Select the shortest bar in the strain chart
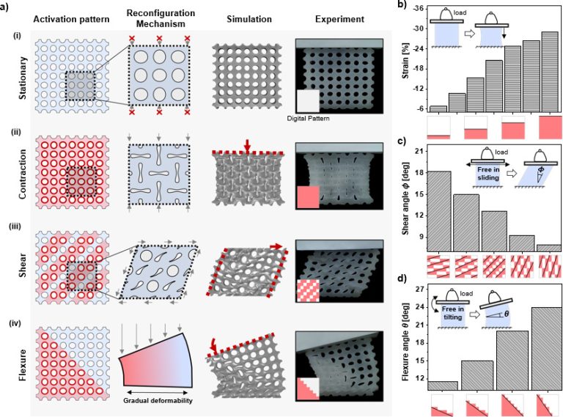[x=438, y=108]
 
